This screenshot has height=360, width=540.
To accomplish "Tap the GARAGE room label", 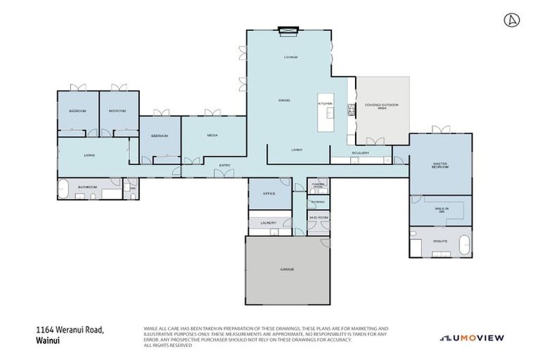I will tap(287, 269).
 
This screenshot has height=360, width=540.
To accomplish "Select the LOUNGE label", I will tap(290, 57).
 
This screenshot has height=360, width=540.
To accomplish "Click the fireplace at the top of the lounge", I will tap(288, 30).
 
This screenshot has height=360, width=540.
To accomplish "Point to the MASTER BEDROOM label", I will tap(440, 165).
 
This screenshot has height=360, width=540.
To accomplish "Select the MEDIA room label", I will tap(212, 135).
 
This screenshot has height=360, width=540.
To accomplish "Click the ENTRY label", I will tap(225, 165).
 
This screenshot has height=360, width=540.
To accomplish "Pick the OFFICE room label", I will tap(269, 193).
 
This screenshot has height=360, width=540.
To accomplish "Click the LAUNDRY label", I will tap(268, 223).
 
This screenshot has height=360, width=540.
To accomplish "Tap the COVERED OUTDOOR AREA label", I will tap(382, 107).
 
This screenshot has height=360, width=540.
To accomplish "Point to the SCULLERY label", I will tap(361, 153).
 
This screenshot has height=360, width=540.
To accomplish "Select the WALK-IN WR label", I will tap(441, 209).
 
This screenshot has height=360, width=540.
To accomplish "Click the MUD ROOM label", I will tap(319, 218).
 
